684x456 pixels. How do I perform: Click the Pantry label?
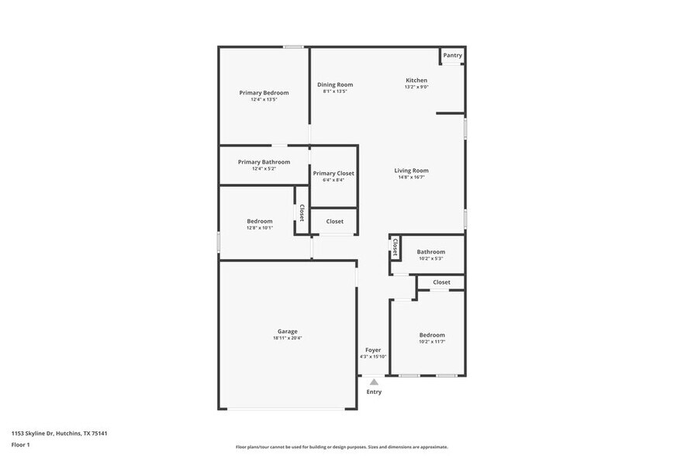tap(453, 55)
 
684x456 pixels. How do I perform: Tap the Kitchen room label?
tap(416, 80)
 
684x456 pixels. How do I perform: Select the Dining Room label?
tap(335, 85)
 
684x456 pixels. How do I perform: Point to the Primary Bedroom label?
tap(264, 92)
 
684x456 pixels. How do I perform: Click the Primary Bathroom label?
tap(264, 162)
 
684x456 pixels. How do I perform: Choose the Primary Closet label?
tap(333, 174)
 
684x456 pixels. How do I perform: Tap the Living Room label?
tap(411, 171)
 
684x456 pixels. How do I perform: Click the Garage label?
tap(288, 331)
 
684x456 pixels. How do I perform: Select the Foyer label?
tap(373, 350)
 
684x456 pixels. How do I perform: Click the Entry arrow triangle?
tap(374, 382)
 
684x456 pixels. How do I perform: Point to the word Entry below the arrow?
tap(374, 392)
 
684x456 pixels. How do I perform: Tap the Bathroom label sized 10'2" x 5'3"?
tap(431, 252)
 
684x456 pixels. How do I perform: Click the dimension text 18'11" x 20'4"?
tap(288, 338)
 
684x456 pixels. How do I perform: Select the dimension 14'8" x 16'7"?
tap(411, 178)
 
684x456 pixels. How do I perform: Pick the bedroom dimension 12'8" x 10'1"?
tap(260, 228)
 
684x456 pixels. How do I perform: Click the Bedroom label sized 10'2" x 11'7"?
tap(432, 335)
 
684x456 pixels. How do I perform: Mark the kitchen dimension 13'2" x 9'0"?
tap(416, 87)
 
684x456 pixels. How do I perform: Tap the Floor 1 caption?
tap(20, 445)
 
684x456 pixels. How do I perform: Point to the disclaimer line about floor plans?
tap(341, 447)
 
